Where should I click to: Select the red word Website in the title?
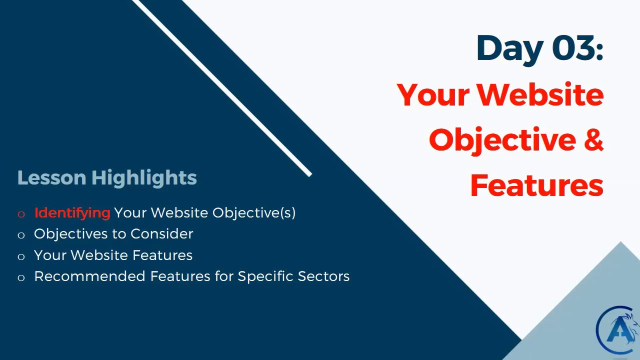pos(539,94)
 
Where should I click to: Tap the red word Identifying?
pos(72,213)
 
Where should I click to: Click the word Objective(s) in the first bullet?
pos(254,213)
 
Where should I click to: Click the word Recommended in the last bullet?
pos(90,276)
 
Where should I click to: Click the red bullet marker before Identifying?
pos(21,214)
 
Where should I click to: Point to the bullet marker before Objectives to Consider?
pos(21,235)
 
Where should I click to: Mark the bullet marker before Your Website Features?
pos(21,257)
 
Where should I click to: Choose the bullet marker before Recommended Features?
pos(21,278)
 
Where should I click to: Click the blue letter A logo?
pos(616,330)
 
